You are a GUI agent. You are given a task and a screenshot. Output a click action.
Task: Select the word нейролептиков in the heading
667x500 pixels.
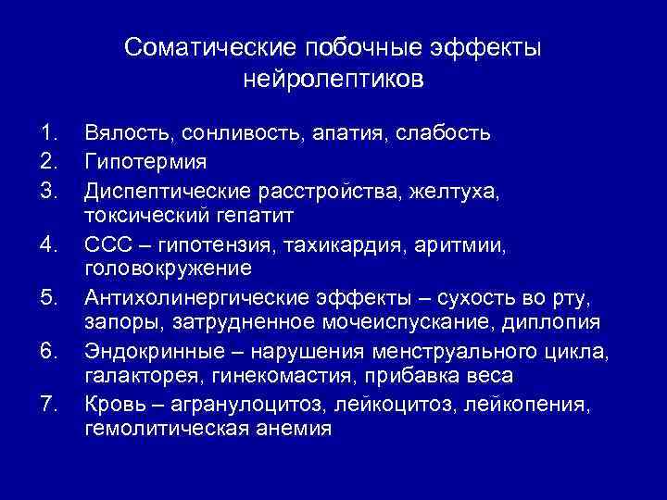[x=333, y=79]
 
